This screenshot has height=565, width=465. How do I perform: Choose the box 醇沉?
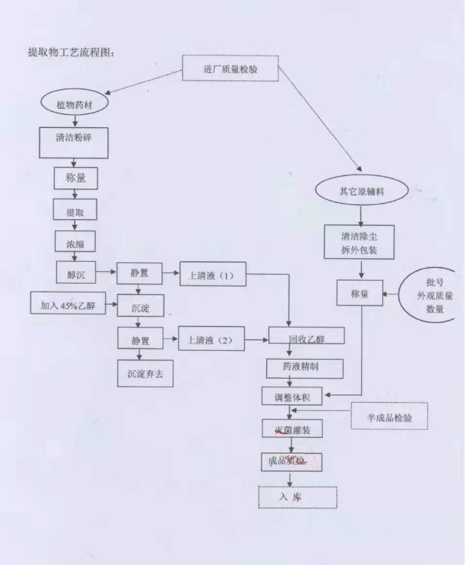[x=75, y=274]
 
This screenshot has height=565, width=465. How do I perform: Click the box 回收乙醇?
[x=297, y=338]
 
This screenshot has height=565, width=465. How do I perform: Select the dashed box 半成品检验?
[x=390, y=417]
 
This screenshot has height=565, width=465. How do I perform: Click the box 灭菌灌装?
[x=292, y=430]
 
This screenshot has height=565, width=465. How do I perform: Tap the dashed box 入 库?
[x=297, y=496]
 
